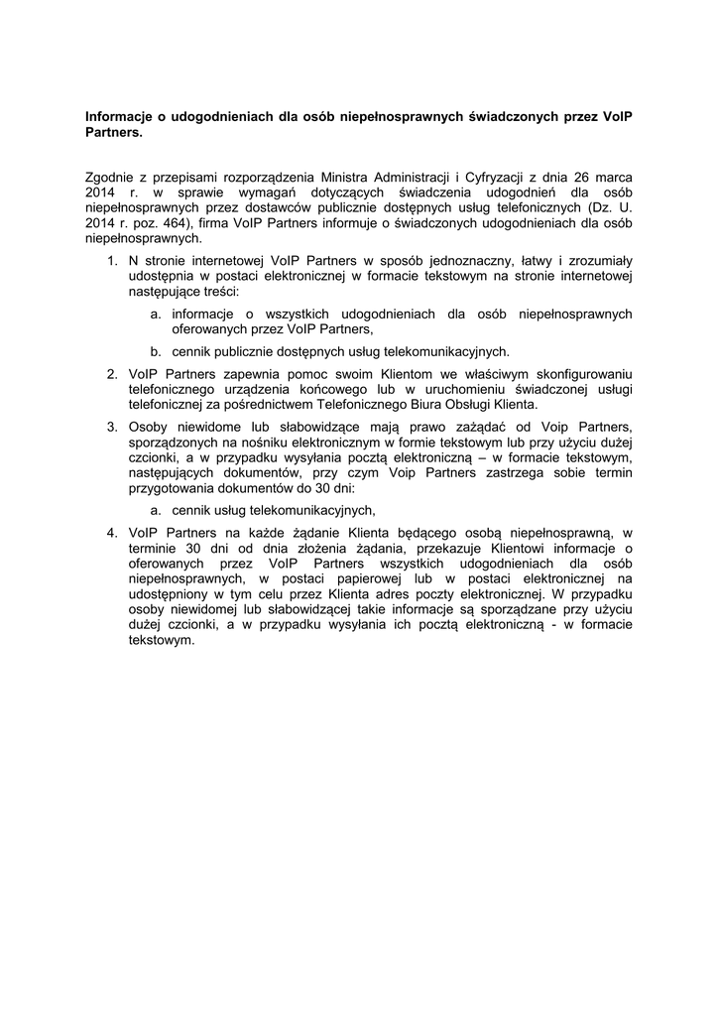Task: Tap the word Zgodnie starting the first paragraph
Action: coord(114,177)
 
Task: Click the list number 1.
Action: coord(111,260)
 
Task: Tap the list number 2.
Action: coord(111,373)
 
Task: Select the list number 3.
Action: coord(111,427)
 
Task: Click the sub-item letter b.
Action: coord(156,351)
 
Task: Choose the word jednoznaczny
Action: coord(445,260)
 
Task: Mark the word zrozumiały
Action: coord(598,260)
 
